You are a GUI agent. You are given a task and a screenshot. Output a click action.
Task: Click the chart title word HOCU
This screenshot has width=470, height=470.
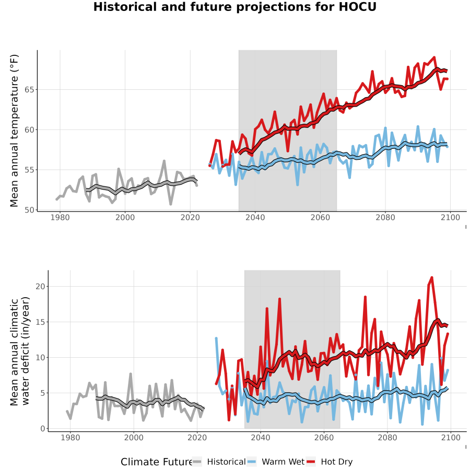pos(358,7)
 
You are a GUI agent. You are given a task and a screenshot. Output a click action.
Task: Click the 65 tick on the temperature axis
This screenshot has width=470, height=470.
pos(29,90)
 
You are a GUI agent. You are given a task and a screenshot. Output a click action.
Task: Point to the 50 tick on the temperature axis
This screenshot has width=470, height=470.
pos(29,210)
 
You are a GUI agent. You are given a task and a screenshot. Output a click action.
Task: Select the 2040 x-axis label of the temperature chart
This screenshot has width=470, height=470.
pos(255,217)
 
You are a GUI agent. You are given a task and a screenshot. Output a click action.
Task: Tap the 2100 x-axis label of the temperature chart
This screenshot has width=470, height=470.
pos(450,217)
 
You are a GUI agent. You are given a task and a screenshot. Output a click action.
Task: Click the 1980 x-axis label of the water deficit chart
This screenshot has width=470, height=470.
pos(70,438)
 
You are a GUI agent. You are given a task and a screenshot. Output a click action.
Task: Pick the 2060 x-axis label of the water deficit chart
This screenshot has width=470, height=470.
pos(324,438)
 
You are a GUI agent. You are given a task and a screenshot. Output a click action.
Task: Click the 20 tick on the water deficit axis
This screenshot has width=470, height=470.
pos(40,287)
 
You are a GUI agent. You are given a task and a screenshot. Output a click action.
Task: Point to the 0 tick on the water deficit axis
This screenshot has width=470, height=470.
pos(43,429)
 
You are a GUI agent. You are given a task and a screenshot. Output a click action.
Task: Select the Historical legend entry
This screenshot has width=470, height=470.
pos(219,462)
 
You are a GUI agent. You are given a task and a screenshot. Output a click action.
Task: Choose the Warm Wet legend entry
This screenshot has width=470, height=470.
pos(276,462)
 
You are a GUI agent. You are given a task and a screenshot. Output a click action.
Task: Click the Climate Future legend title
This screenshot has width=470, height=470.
pos(156,462)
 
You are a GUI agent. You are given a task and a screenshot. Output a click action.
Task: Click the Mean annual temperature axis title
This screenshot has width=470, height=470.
pos(14,131)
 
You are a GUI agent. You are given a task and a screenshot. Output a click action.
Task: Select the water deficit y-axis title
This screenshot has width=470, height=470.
pos(20,351)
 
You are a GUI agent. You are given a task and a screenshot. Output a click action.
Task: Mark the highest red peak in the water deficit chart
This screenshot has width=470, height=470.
pos(432,278)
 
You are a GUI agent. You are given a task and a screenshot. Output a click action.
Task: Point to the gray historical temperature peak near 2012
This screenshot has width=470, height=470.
pos(164,161)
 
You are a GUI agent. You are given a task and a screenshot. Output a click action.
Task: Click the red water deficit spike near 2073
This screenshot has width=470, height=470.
pos(365,297)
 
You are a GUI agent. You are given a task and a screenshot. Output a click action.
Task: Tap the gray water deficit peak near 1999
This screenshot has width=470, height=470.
pos(131,374)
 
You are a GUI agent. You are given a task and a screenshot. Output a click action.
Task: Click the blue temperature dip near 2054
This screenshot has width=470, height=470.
pos(297,185)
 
